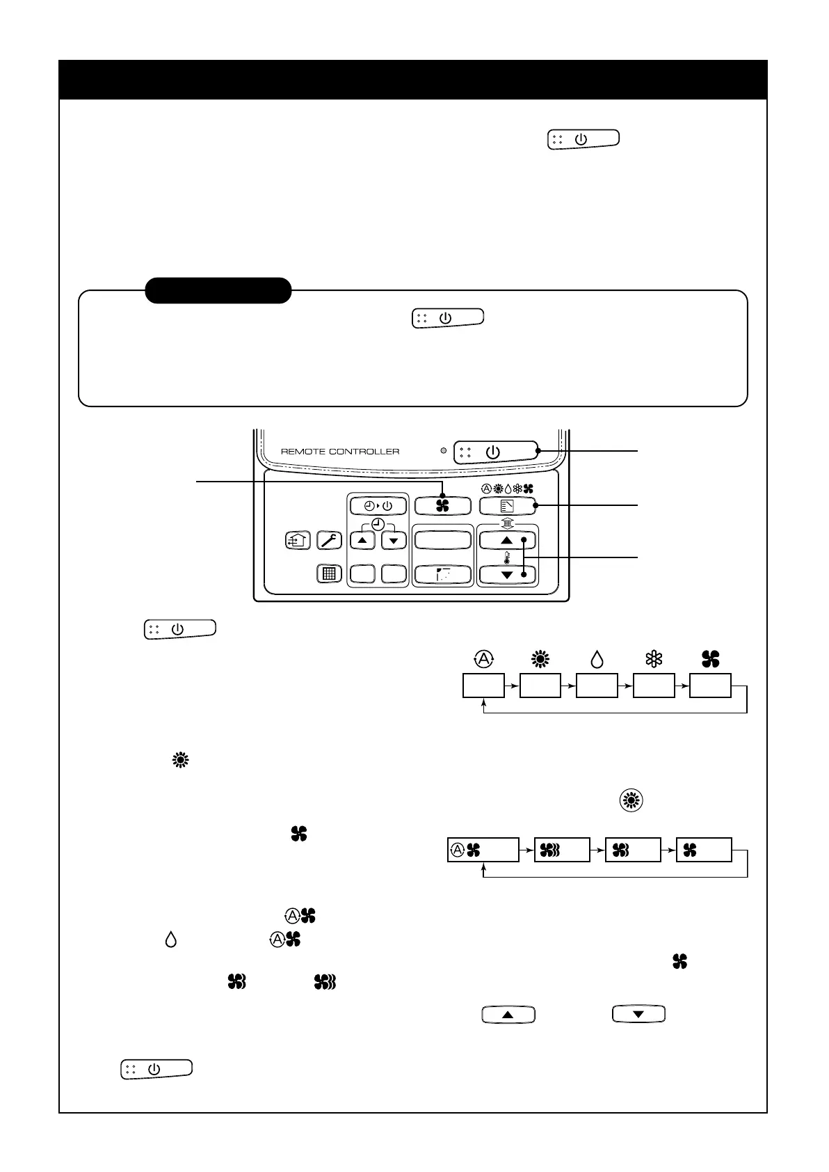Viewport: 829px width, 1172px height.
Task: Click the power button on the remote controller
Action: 495,452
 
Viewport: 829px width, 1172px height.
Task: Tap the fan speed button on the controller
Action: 442,505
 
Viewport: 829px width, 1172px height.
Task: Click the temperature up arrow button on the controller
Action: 507,540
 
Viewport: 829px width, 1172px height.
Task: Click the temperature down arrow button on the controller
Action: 507,574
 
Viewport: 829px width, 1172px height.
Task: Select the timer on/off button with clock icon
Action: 377,505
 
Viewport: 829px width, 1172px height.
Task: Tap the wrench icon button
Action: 329,540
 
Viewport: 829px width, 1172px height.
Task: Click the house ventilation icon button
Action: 298,540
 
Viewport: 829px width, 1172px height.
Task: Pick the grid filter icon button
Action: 329,574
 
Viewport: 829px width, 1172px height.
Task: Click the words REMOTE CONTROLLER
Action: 340,452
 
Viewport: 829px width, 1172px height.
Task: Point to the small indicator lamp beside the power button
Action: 443,451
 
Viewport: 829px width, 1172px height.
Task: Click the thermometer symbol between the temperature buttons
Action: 507,557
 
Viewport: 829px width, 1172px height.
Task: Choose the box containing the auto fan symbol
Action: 483,850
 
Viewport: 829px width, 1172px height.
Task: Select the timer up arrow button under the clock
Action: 362,540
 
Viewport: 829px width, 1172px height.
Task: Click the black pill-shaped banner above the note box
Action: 218,290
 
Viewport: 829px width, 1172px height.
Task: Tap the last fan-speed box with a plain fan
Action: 704,850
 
